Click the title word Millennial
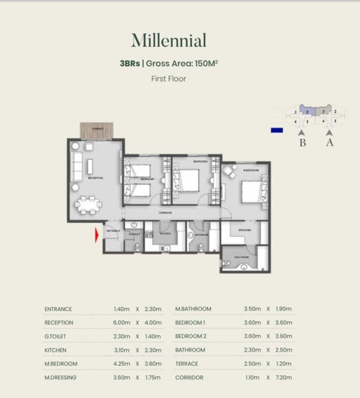pyautogui.click(x=168, y=41)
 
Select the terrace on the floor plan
pyautogui.click(x=96, y=130)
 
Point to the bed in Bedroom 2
pyautogui.click(x=189, y=180)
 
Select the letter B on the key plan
pyautogui.click(x=302, y=143)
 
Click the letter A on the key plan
pyautogui.click(x=330, y=143)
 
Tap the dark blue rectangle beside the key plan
pyautogui.click(x=277, y=130)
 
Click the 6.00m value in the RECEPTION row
pyautogui.click(x=121, y=323)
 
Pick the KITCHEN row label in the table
pyautogui.click(x=55, y=350)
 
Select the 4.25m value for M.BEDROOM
pyautogui.click(x=121, y=364)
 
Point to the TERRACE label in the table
pyautogui.click(x=187, y=364)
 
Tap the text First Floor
pyautogui.click(x=168, y=78)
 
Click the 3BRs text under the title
pyautogui.click(x=130, y=63)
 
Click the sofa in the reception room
pyautogui.click(x=77, y=166)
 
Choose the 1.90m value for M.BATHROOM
pyautogui.click(x=284, y=309)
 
